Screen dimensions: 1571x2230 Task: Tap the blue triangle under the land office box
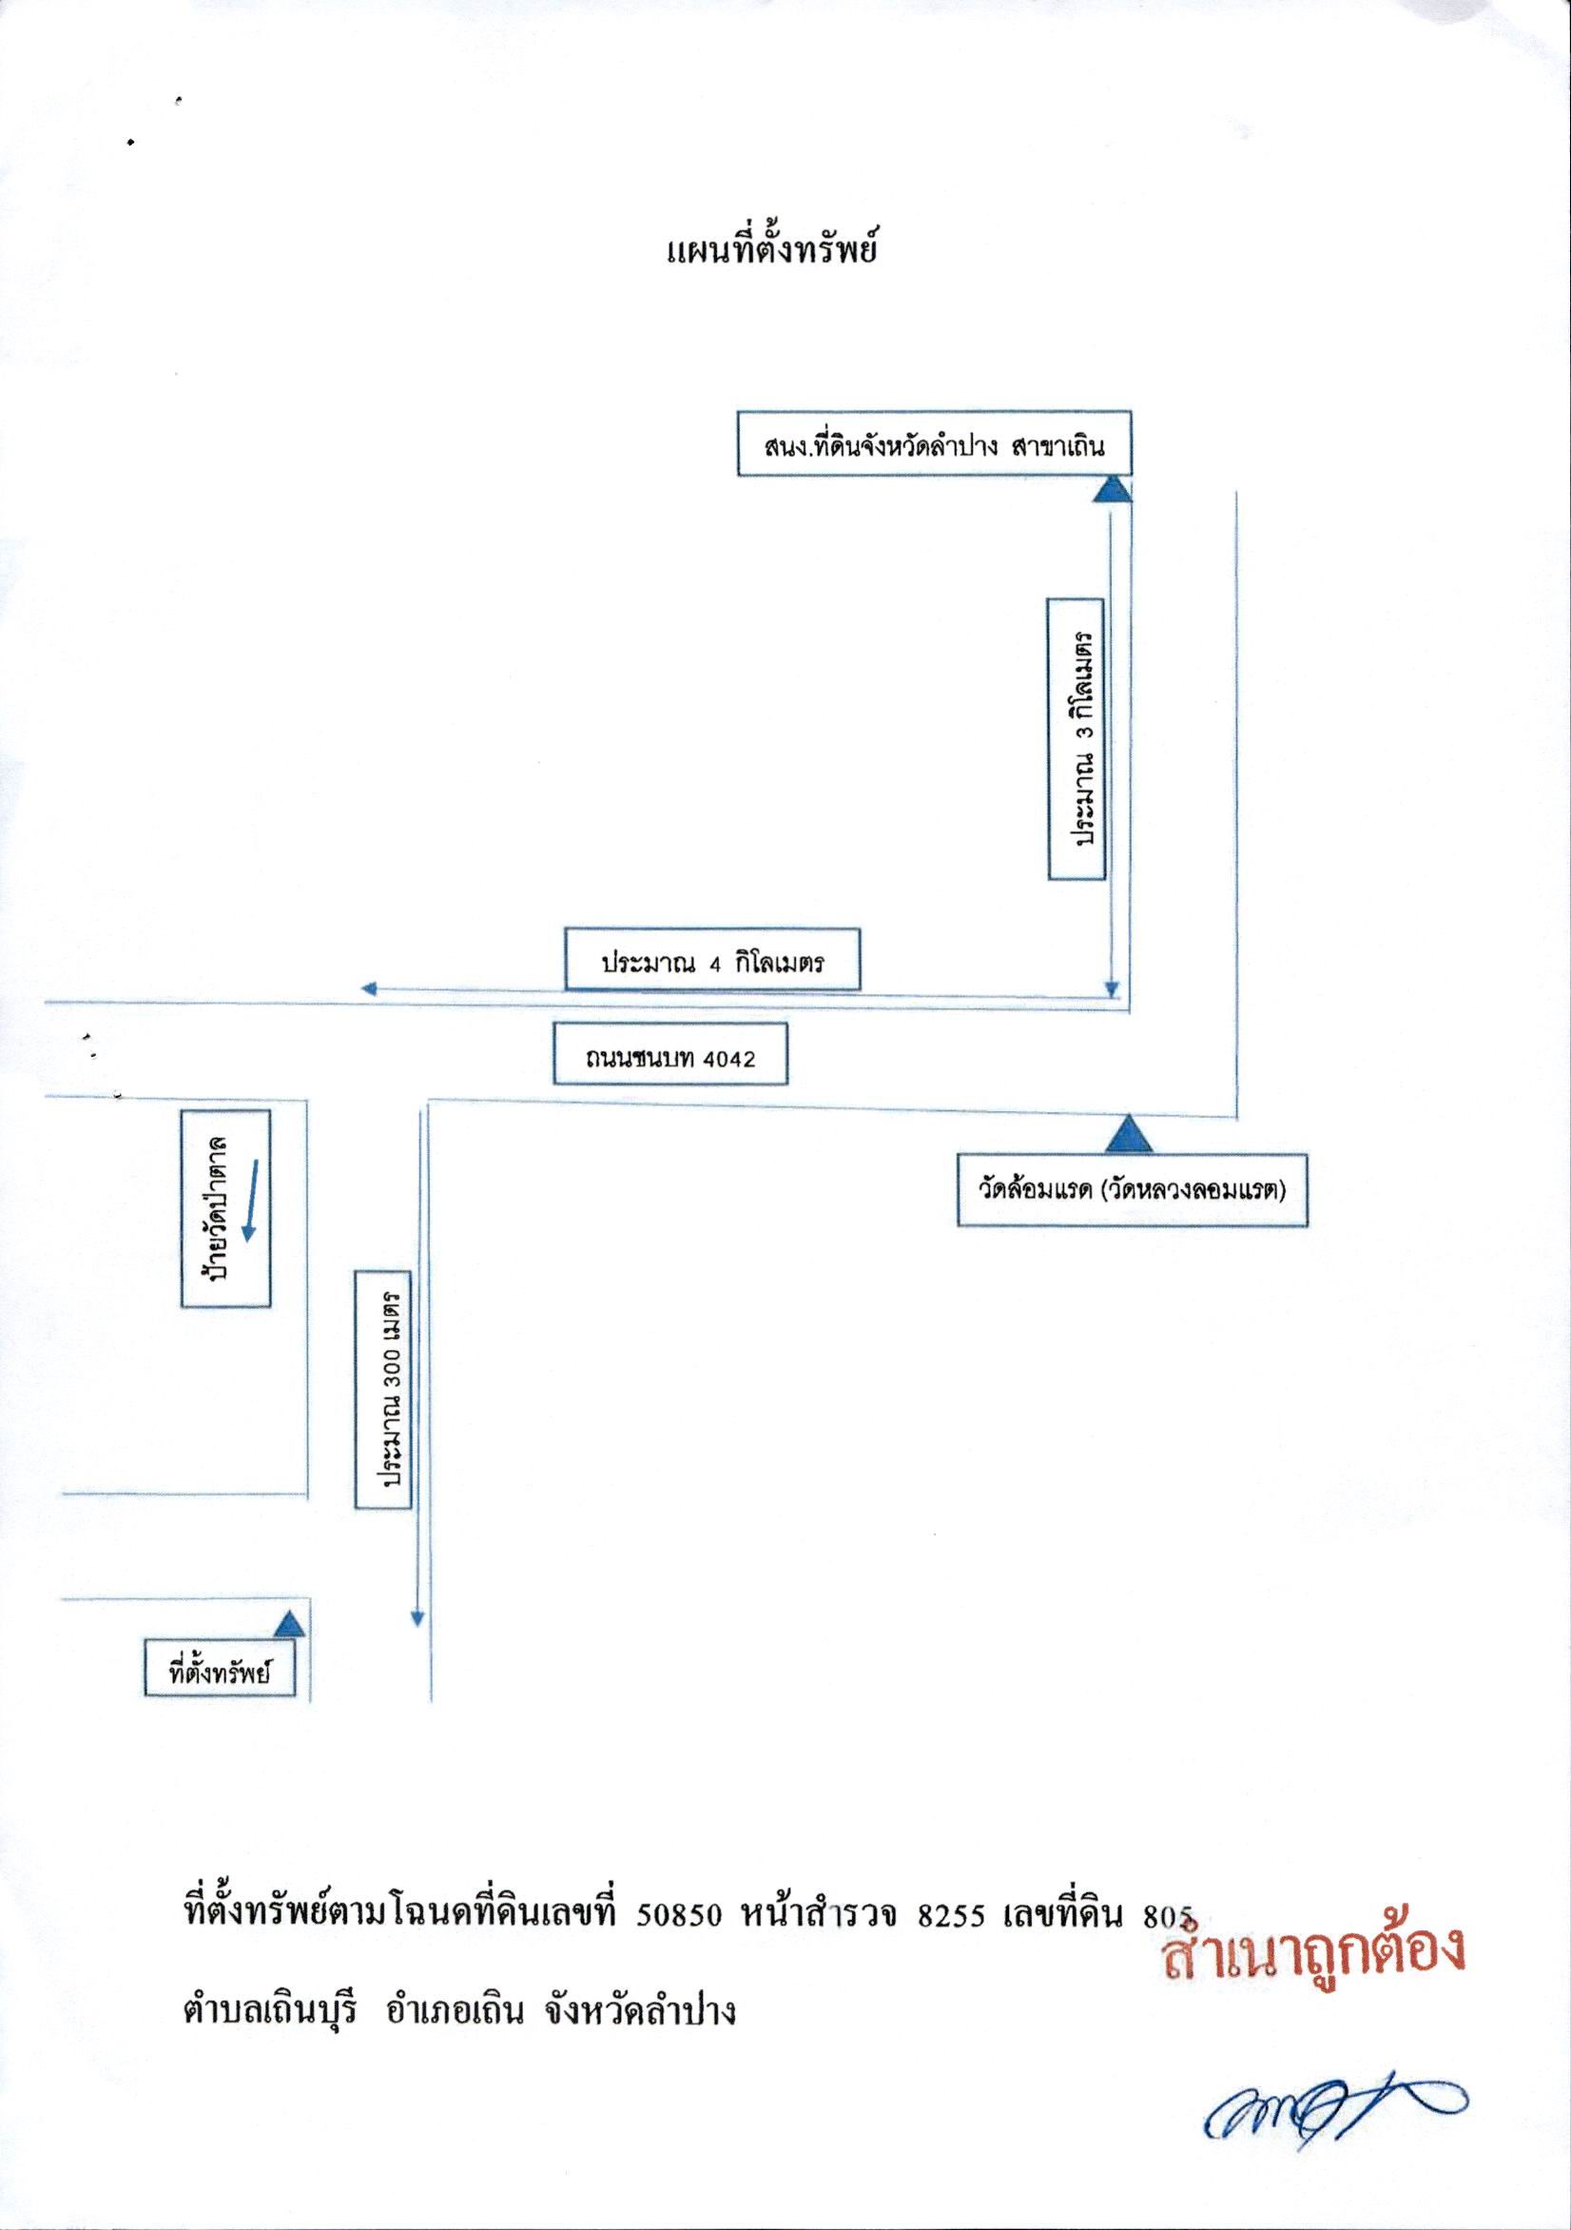pyautogui.click(x=1113, y=490)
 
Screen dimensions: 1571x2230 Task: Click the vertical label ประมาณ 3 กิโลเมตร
pyautogui.click(x=1077, y=740)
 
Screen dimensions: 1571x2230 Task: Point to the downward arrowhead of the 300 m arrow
pyautogui.click(x=417, y=1619)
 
